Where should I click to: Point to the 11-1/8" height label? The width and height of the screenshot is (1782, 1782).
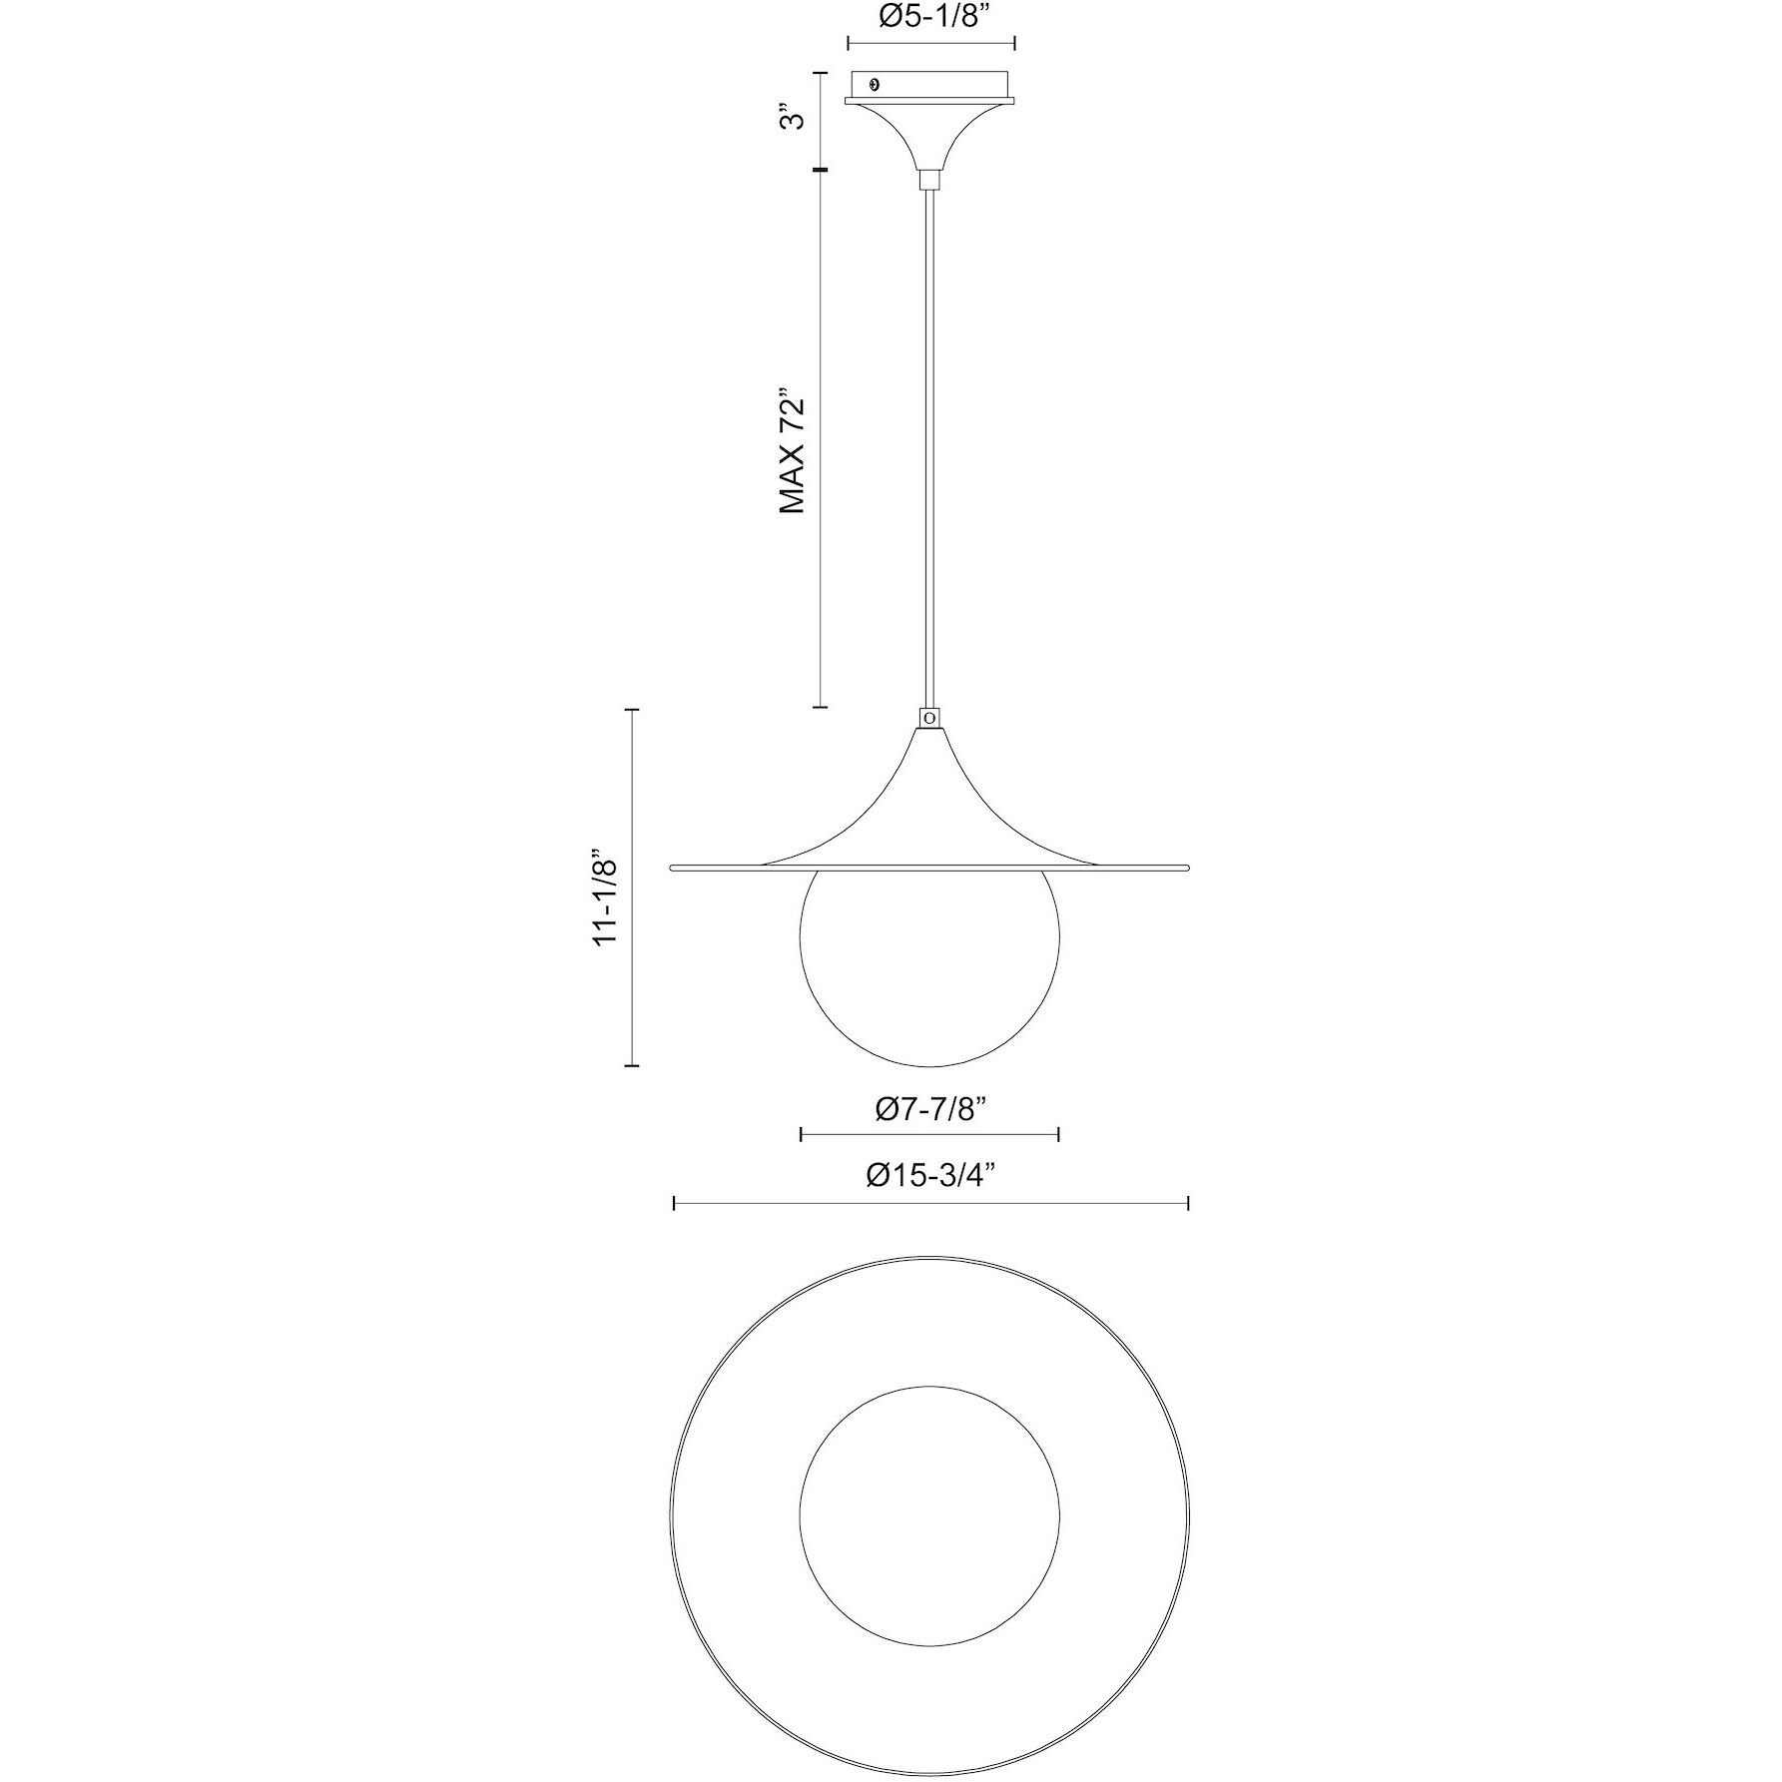607,898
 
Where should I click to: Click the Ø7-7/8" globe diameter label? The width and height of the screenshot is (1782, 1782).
930,1109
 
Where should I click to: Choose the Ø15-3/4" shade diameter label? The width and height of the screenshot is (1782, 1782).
930,1176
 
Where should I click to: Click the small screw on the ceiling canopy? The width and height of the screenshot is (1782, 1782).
876,86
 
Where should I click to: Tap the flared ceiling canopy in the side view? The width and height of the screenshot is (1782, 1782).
930,135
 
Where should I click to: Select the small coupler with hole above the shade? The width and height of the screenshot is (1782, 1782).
930,717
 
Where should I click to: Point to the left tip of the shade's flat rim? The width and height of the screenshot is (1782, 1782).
672,867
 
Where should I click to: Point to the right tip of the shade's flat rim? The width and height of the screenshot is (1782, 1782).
1189,867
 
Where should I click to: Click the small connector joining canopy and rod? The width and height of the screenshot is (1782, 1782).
930,180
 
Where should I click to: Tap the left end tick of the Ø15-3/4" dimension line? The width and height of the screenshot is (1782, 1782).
675,1204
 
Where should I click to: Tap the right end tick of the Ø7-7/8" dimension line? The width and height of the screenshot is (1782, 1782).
1058,1134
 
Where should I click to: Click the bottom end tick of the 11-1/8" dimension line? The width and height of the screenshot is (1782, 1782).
631,1066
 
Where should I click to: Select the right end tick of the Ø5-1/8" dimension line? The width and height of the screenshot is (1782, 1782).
1014,43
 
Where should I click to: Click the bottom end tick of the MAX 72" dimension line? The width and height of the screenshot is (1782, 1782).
821,707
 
